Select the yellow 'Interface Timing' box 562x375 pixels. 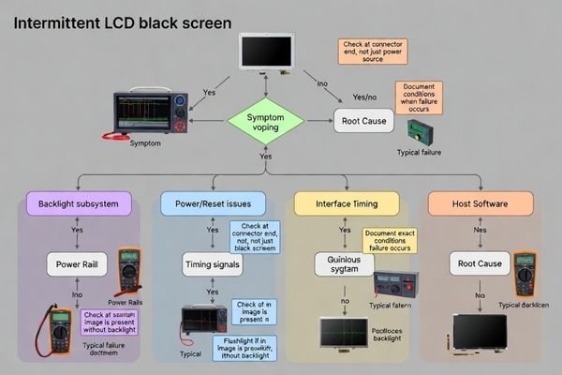[x=346, y=202]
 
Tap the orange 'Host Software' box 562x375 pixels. [x=480, y=202]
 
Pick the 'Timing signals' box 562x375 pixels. [x=212, y=264]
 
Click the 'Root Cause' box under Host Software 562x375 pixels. [x=479, y=264]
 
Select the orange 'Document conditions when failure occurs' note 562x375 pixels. [x=419, y=97]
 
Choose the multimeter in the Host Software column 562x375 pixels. [x=525, y=273]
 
